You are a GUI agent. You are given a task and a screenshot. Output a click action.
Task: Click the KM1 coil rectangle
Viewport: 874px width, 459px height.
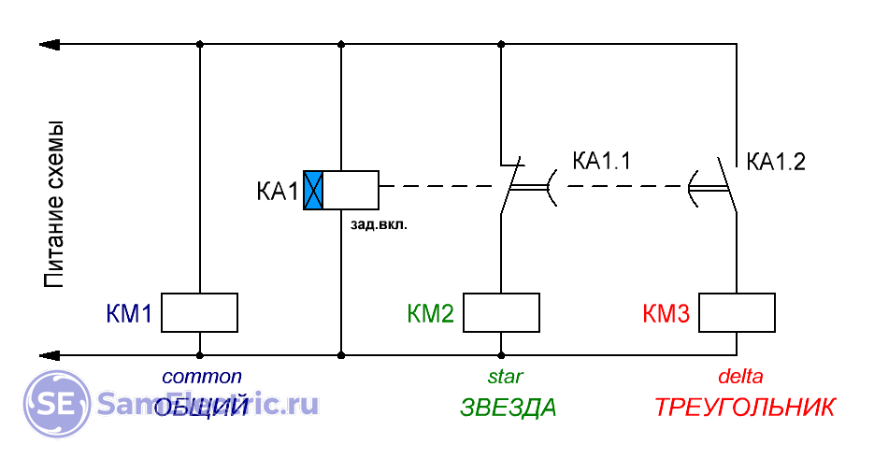pyautogui.click(x=199, y=312)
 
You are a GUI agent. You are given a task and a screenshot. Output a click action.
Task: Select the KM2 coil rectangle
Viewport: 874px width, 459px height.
pyautogui.click(x=502, y=312)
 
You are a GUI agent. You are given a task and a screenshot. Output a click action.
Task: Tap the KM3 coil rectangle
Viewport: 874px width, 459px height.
pyautogui.click(x=737, y=312)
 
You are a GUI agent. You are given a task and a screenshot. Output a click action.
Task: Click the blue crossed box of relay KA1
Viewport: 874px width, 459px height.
pyautogui.click(x=313, y=190)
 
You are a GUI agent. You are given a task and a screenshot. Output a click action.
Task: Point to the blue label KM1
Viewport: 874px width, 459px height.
pyautogui.click(x=129, y=313)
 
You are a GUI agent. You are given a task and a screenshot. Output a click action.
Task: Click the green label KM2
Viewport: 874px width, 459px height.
pyautogui.click(x=431, y=313)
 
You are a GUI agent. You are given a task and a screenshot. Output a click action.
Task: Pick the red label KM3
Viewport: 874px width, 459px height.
pyautogui.click(x=666, y=313)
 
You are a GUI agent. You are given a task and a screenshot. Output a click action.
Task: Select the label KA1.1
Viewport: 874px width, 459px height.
pyautogui.click(x=602, y=161)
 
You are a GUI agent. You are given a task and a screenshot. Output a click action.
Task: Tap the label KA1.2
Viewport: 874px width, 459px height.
pyautogui.click(x=776, y=161)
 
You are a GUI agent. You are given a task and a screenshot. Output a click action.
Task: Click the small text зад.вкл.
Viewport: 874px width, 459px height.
pyautogui.click(x=378, y=224)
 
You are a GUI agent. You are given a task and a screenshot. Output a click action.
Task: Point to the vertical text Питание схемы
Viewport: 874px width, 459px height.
pyautogui.click(x=55, y=204)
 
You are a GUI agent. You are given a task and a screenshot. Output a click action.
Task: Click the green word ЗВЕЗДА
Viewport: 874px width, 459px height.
pyautogui.click(x=508, y=409)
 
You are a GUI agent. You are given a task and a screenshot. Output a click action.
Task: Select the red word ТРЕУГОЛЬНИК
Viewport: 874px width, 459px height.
pyautogui.click(x=744, y=409)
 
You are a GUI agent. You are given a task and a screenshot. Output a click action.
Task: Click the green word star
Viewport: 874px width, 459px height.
pyautogui.click(x=505, y=377)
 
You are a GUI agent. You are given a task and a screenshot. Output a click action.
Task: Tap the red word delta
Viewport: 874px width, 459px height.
pyautogui.click(x=740, y=377)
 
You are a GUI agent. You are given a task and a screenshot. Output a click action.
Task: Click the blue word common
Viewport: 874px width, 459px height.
pyautogui.click(x=202, y=377)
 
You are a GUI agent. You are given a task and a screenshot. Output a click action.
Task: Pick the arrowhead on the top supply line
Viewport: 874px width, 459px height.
pyautogui.click(x=49, y=44)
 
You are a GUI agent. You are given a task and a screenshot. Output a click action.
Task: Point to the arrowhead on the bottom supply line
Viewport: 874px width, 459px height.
pyautogui.click(x=49, y=355)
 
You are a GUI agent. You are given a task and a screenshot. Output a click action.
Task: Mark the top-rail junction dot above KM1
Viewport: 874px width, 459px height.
pyautogui.click(x=199, y=44)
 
